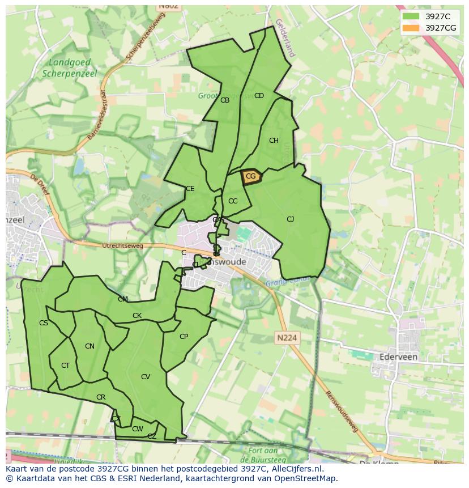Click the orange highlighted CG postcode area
click(251, 177)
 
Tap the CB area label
click(225, 100)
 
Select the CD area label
click(259, 96)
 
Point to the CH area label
click(274, 141)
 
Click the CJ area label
click(290, 219)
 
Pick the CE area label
click(190, 189)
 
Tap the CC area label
click(233, 201)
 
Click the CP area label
click(184, 337)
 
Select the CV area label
click(146, 377)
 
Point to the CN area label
click(89, 346)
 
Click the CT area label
click(65, 366)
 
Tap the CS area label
click(44, 323)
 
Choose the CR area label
click(101, 397)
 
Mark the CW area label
click(137, 429)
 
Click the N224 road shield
click(287, 338)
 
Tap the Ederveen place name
click(396, 357)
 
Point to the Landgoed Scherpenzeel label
click(70, 68)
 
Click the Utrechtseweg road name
click(122, 246)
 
